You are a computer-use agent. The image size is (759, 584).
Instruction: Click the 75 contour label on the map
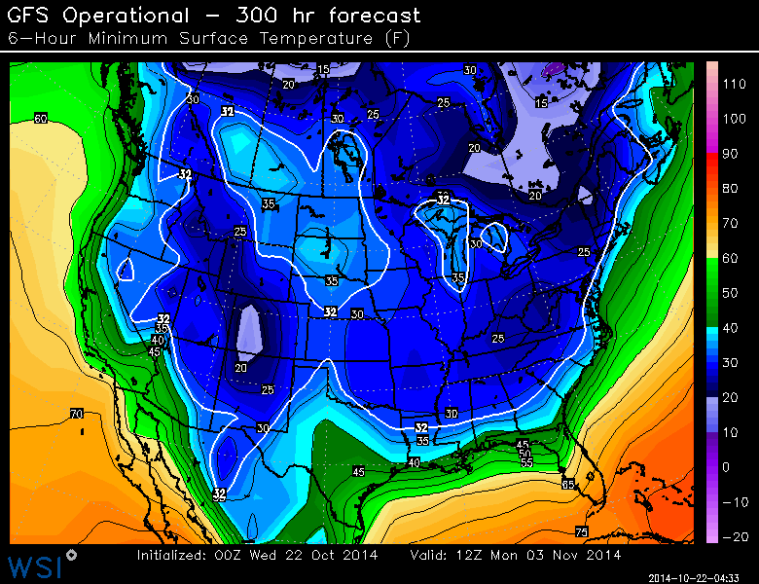581,531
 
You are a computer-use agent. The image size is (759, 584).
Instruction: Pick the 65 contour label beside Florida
567,483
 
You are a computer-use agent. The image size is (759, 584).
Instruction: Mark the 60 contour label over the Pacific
40,119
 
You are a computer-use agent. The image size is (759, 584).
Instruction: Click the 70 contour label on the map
76,415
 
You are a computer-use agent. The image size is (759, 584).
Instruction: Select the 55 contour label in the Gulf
525,462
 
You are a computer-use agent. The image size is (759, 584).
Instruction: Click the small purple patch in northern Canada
555,69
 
